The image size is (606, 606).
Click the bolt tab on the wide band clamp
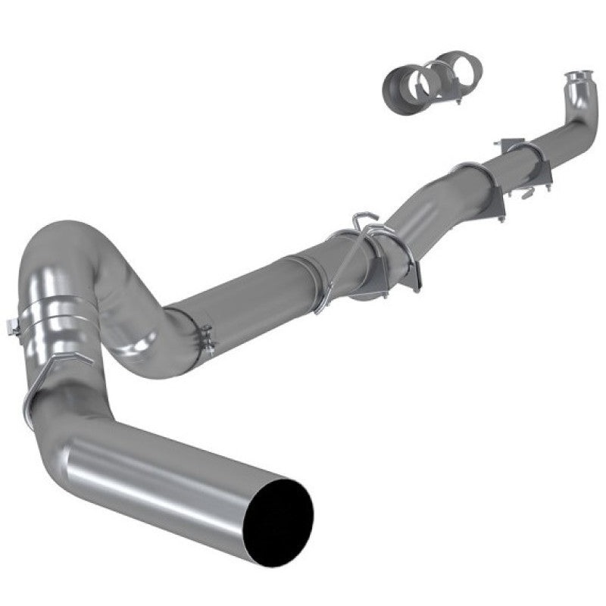12,327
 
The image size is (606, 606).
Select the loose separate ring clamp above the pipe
428,77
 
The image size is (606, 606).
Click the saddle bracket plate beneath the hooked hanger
409,265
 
